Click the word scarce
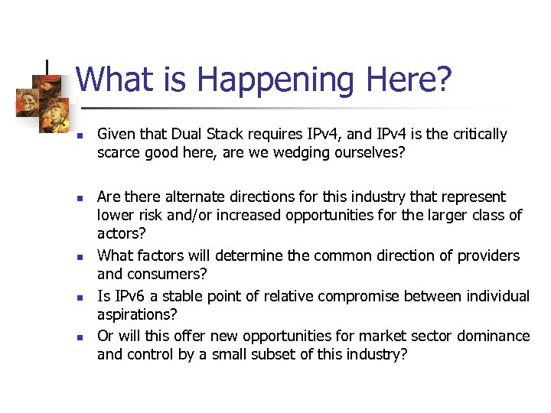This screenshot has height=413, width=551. (120, 153)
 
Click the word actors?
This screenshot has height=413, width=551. (121, 234)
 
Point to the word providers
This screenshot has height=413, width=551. (487, 255)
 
